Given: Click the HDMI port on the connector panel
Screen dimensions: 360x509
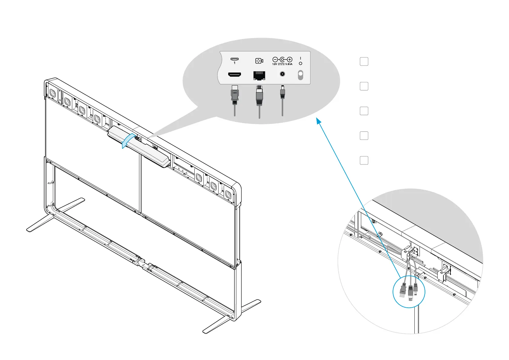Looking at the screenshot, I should [234, 74].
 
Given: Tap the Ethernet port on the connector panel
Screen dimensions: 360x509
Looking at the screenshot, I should [259, 76].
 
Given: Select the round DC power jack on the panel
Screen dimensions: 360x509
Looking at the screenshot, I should [282, 74].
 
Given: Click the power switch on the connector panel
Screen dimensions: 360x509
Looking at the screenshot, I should [300, 75].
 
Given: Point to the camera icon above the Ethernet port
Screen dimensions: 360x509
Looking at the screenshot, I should [259, 61].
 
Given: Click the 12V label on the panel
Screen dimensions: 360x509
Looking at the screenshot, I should [274, 64].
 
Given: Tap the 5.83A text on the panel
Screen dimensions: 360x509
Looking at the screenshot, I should [289, 64].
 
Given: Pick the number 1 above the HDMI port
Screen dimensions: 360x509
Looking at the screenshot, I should [235, 63].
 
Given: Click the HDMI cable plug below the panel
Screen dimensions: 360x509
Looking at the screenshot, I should [235, 94].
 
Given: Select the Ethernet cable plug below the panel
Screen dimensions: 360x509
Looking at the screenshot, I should [259, 96].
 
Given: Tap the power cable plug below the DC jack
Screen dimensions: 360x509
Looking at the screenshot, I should [282, 92].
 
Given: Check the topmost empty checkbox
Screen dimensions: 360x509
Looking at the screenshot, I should [364, 61].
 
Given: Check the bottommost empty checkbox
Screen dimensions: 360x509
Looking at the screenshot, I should [364, 160].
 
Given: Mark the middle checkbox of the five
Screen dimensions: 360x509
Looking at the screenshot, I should [364, 111].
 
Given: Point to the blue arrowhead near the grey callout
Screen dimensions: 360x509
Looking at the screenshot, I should [318, 121].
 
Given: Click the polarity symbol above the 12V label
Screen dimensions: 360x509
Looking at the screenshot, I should [282, 60].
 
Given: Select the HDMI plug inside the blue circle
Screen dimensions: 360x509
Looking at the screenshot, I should [402, 290].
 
